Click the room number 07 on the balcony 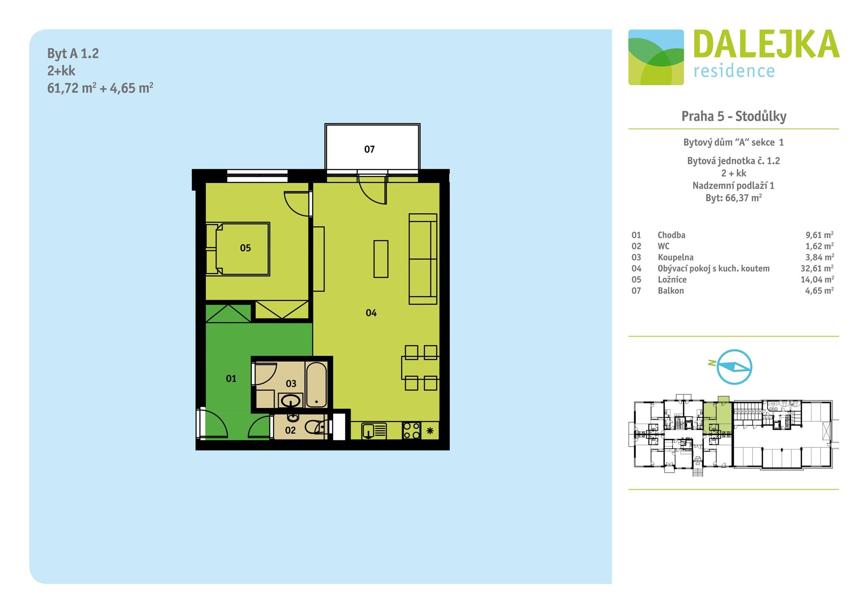point(369,149)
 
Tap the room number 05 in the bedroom point(245,248)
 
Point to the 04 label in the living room point(371,313)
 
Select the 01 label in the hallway point(231,379)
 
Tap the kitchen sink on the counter point(374,431)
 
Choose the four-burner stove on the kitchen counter point(412,431)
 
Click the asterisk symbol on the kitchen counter point(430,431)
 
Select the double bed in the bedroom point(238,249)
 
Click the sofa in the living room point(423,259)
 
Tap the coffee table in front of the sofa point(381,259)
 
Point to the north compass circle point(734,367)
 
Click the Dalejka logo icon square point(656,57)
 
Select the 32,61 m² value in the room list point(817,268)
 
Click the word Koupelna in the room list point(675,257)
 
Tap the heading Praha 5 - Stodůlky point(734,116)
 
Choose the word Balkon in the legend point(670,290)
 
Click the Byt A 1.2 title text point(73,54)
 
